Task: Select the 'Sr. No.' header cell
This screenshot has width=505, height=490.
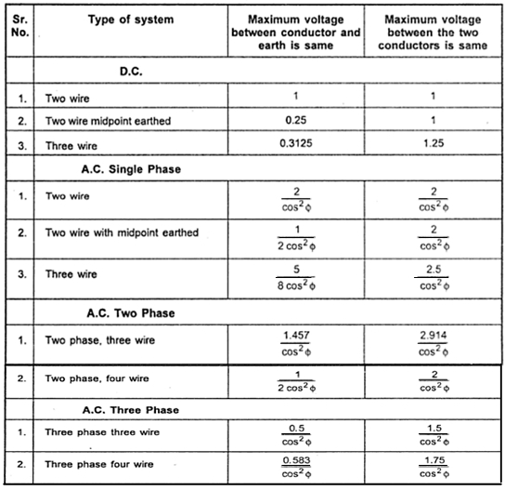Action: coord(20,25)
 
